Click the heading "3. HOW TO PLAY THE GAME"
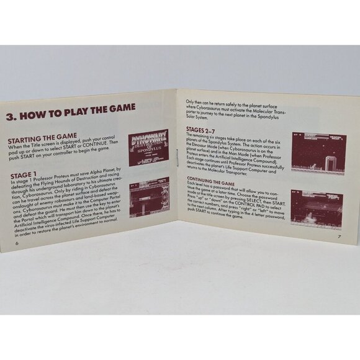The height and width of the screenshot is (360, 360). (x=70, y=107)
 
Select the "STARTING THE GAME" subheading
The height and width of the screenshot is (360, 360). (x=41, y=136)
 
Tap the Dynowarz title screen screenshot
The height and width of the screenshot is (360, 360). (x=148, y=148)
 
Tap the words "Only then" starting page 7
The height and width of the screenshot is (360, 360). (x=189, y=101)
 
